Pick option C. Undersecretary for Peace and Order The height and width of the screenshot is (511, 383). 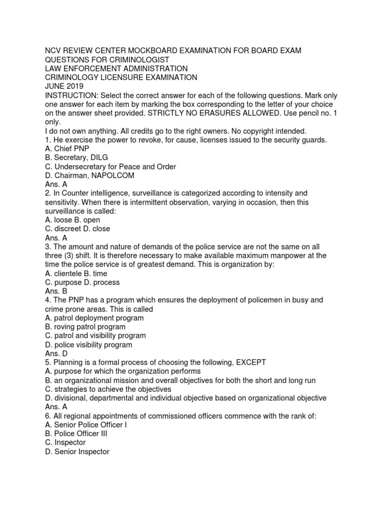click(x=110, y=167)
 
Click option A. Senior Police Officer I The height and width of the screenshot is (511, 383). click(x=85, y=425)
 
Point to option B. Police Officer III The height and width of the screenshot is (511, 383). click(x=76, y=434)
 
